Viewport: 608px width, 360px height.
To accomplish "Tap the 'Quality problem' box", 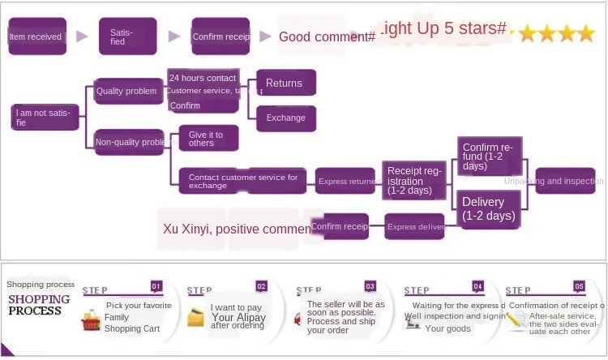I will coord(128,91).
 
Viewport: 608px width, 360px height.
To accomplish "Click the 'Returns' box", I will coord(285,83).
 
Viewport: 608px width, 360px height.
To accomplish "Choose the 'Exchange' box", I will coord(285,118).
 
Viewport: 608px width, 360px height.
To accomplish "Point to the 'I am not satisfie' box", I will coord(46,118).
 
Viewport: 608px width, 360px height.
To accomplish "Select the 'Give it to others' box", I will coord(208,138).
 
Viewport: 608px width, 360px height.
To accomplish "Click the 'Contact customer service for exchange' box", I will coord(242,181).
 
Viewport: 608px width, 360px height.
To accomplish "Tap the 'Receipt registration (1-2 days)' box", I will coord(414,181).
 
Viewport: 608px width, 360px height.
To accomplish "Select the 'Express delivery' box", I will coord(416,226).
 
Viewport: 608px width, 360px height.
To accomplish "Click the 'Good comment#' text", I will coord(327,36).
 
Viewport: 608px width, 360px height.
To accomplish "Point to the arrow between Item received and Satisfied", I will coord(81,36).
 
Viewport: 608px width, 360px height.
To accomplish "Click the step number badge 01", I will coord(156,286).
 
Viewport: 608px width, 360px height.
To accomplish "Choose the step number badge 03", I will coord(370,286).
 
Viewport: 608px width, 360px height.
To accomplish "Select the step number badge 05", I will coord(579,286).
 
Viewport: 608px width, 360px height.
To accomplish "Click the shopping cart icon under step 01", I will coord(90,323).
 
